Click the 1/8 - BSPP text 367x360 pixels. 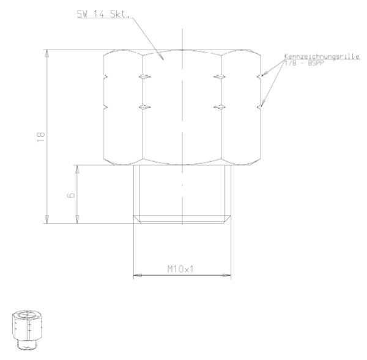pos(303,63)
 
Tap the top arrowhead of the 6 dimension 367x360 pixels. pos(77,167)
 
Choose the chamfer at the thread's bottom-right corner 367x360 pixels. pos(229,218)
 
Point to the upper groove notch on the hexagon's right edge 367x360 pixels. pos(262,76)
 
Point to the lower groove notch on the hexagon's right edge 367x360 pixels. pos(262,107)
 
